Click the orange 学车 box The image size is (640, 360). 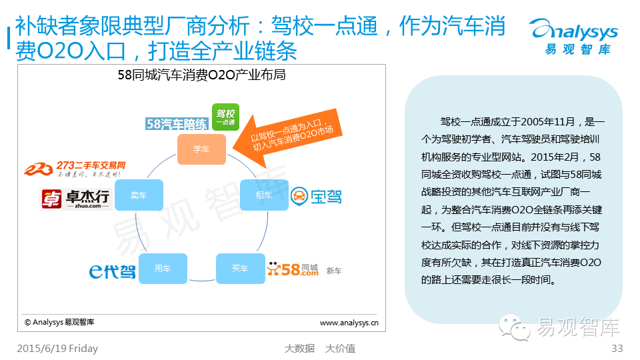201,149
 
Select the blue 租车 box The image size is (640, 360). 264,195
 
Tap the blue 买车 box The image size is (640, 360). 240,268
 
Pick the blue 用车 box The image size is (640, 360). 163,268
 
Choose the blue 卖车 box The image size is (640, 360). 139,195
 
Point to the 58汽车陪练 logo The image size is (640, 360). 177,123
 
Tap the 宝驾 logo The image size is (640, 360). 317,196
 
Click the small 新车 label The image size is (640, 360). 334,271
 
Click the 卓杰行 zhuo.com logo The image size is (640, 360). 75,199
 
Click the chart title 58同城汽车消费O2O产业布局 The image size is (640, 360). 201,75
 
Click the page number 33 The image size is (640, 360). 616,348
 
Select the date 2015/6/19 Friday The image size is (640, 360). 57,348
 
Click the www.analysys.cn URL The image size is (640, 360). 349,323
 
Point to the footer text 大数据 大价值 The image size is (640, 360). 319,348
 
